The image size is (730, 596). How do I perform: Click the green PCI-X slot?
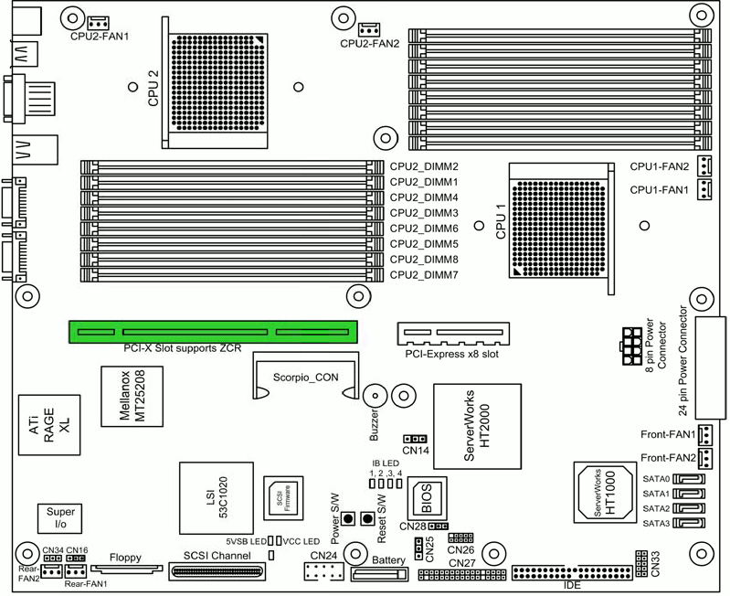coord(213,332)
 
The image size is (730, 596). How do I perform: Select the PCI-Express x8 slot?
coord(453,334)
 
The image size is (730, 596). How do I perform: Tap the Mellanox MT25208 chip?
coord(132,396)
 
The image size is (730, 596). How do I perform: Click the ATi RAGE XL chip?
coord(49,425)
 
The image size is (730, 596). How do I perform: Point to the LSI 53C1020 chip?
coord(217,498)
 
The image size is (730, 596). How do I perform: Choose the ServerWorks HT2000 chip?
coord(477,426)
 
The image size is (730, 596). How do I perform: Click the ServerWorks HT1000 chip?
coord(605,494)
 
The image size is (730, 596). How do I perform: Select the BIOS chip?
coord(428,498)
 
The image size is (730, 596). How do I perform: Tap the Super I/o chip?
coord(60,518)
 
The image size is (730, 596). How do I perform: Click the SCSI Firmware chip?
coord(283,498)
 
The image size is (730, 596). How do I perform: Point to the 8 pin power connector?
coord(631,346)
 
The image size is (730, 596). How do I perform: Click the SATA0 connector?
coord(689,479)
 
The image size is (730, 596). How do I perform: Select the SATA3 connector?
coord(689,524)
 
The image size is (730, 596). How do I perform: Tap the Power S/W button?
coord(348,518)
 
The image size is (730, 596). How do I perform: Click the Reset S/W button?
coord(368,518)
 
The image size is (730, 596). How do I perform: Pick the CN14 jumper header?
coord(415,439)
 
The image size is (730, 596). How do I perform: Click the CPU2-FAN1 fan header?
coord(99,22)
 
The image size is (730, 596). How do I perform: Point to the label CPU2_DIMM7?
coord(424,275)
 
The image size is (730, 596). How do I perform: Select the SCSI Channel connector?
coord(217,571)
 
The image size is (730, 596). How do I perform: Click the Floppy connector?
coord(127,569)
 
